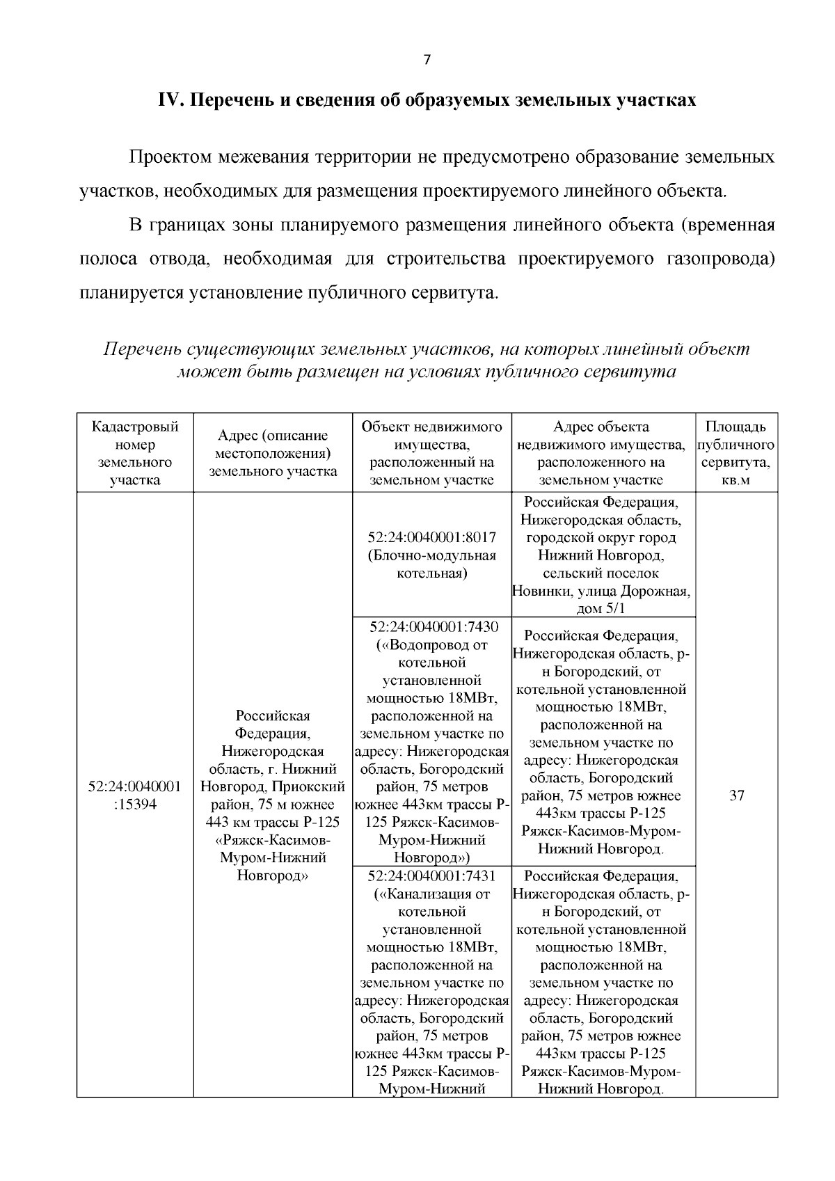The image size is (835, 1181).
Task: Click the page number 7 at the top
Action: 427,60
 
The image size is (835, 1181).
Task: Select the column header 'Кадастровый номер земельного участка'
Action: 135,453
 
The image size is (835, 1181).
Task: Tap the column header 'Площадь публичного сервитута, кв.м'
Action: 736,453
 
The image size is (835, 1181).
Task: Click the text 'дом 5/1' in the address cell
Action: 602,610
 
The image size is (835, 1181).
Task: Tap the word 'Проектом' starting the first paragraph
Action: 170,157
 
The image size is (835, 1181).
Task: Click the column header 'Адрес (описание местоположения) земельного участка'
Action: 273,453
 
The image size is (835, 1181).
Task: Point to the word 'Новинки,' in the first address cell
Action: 540,592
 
